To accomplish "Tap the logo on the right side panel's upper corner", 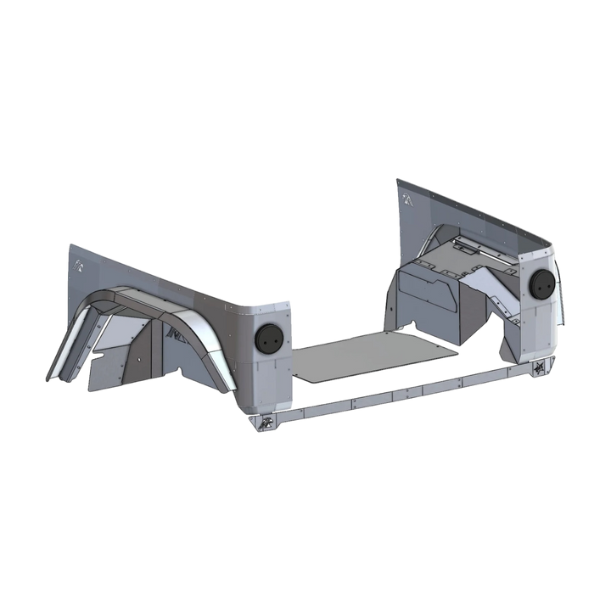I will (408, 198).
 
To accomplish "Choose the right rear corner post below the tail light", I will (536, 335).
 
